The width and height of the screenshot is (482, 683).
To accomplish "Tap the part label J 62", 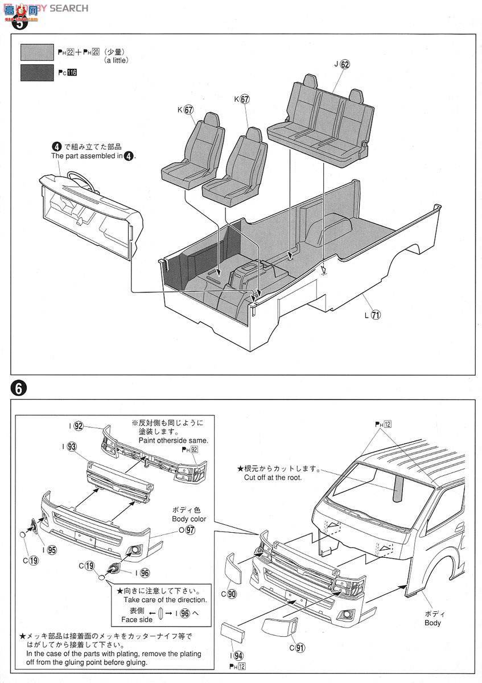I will [x=341, y=64].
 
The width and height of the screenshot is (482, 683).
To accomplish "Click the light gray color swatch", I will [x=37, y=52].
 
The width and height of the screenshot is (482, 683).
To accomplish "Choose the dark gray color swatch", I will [x=37, y=73].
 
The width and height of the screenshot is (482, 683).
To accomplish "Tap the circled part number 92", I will [x=79, y=426].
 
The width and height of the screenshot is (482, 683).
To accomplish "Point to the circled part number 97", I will [x=190, y=530].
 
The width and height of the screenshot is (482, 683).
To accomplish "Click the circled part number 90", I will [x=232, y=594].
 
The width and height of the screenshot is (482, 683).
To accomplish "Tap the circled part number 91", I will [x=298, y=647].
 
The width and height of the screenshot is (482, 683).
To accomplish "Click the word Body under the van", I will [x=432, y=623].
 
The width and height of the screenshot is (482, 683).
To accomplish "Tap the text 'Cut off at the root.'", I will [x=273, y=478].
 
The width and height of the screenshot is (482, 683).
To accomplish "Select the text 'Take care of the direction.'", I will [x=165, y=600].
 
